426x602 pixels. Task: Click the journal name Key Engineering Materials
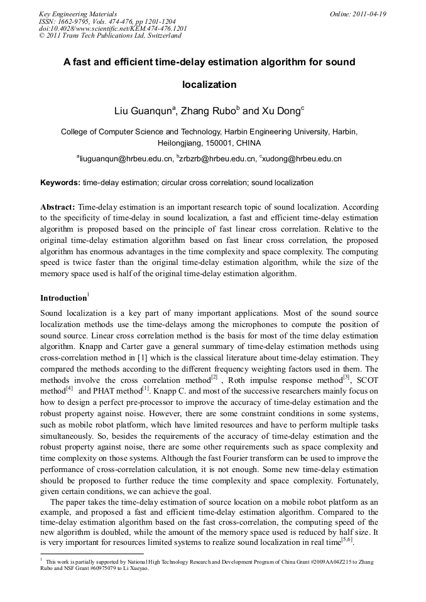point(78,14)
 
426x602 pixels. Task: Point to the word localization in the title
point(209,84)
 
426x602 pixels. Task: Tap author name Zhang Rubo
point(207,112)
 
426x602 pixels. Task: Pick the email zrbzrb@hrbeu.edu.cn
point(217,159)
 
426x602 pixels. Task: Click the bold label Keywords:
point(60,183)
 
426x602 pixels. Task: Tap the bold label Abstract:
point(58,207)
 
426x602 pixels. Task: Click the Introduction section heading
point(63,298)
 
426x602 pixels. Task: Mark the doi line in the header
point(112,28)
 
